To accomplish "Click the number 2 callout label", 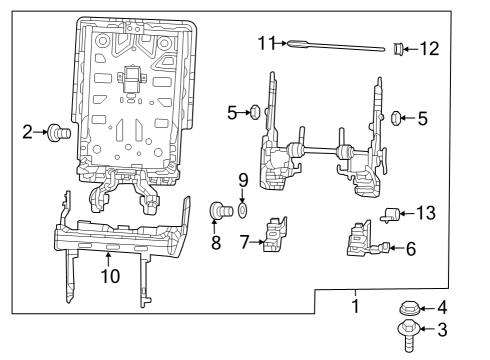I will pos(27,130).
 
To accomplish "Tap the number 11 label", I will pos(265,42).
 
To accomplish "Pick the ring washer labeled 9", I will pos(243,211).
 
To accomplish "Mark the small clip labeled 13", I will pos(392,211).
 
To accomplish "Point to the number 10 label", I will pos(108,275).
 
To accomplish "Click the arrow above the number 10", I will pos(108,258).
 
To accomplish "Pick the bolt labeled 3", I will pos(409,333).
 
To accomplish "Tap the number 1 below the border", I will pos(353,306).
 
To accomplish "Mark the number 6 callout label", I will pos(410,249).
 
